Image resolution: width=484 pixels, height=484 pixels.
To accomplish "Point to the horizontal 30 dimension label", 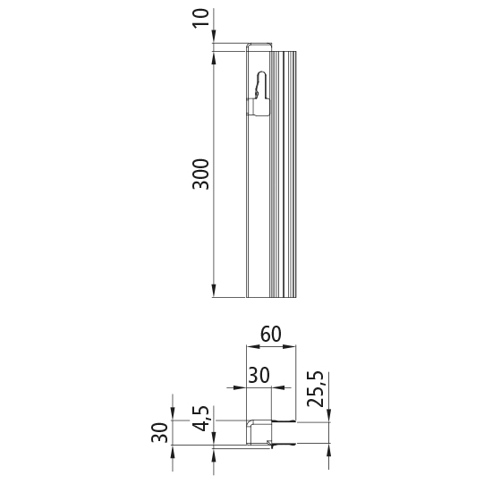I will click(259, 376).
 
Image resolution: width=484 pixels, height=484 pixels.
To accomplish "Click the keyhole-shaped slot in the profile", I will click(259, 86).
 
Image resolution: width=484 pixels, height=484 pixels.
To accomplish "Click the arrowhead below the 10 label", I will click(215, 47).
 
